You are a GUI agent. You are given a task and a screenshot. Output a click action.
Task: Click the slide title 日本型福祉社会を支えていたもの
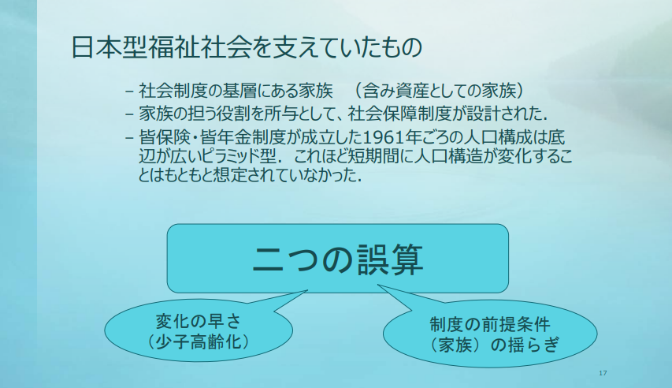[247, 47]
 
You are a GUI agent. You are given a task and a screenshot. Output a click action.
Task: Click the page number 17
[603, 373]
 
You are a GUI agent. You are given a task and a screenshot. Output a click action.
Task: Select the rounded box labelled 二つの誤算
[338, 259]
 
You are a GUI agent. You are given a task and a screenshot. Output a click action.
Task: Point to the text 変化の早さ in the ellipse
[199, 321]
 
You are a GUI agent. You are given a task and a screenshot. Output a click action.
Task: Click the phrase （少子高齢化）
[199, 342]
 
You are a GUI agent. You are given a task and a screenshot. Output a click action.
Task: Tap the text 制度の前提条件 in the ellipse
[490, 324]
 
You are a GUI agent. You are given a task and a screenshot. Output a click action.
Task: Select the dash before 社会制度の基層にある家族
[129, 91]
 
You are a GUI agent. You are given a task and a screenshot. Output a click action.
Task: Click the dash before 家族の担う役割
[129, 114]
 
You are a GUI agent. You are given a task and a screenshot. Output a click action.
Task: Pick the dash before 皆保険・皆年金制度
[129, 138]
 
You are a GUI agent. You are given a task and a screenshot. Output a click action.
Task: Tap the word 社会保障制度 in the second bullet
[399, 114]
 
